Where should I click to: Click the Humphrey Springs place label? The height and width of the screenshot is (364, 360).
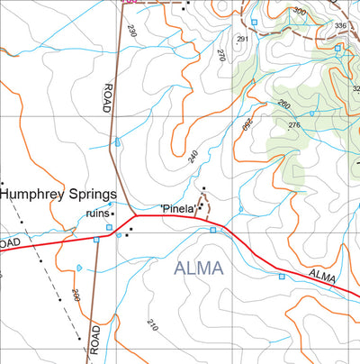59,194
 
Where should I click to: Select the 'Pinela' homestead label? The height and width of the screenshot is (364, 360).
178,209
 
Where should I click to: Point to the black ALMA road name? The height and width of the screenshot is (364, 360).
321,277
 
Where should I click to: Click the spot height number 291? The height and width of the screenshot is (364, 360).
241,40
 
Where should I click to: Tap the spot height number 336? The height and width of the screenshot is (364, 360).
339,26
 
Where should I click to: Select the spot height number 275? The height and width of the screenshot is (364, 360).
293,125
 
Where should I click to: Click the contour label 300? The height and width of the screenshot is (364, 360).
299,12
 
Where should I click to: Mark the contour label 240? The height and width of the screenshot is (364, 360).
193,156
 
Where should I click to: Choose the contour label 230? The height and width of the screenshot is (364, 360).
131,32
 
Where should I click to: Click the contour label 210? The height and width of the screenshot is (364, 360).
151,324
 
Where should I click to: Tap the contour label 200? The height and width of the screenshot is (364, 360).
75,295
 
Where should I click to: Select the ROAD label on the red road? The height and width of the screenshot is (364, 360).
9,244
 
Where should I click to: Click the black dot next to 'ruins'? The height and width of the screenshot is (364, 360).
112,214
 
